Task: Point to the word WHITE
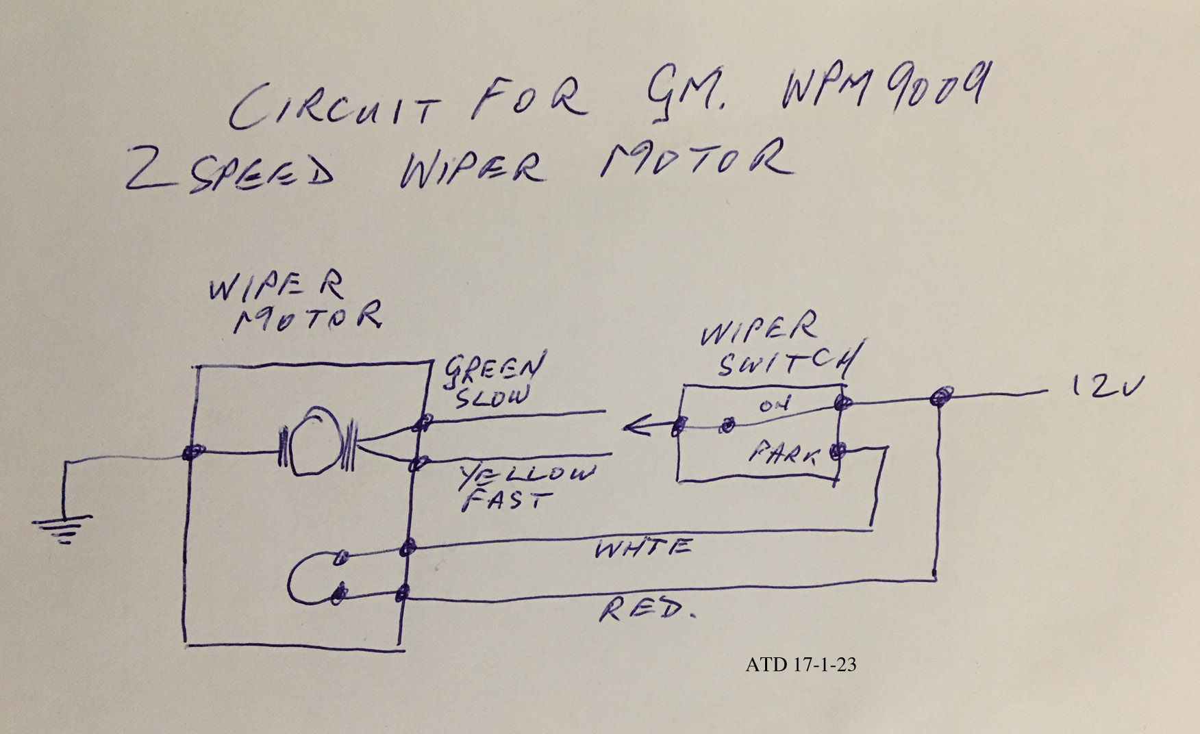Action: (x=643, y=548)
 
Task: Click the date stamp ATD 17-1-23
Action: (x=801, y=664)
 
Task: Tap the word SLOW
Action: (x=492, y=396)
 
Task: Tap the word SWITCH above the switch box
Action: (x=787, y=362)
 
